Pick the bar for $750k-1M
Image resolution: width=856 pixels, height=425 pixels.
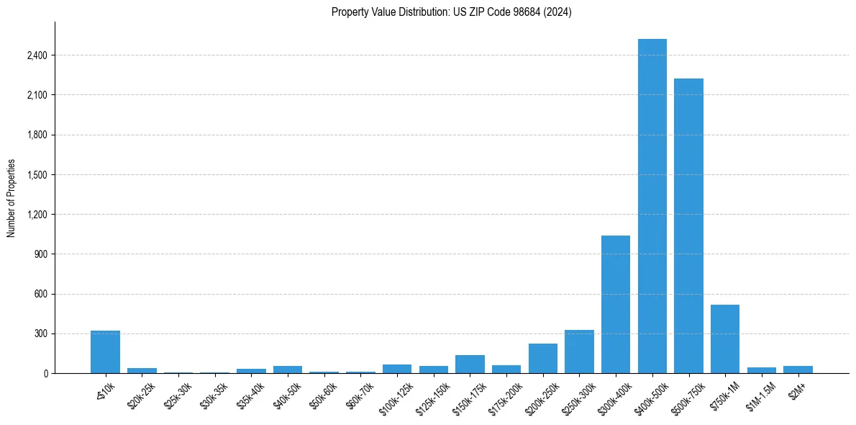724,339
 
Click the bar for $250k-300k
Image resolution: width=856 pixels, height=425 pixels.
579,352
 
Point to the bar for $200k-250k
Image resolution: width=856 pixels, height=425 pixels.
542,359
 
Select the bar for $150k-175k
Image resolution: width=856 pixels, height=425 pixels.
470,364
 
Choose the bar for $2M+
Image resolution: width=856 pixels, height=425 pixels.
798,370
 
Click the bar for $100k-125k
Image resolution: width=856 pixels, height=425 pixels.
397,369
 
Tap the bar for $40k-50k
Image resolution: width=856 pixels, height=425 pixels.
288,370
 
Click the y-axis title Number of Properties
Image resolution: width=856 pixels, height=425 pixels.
11,198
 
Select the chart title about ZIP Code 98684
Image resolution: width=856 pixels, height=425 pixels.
452,12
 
